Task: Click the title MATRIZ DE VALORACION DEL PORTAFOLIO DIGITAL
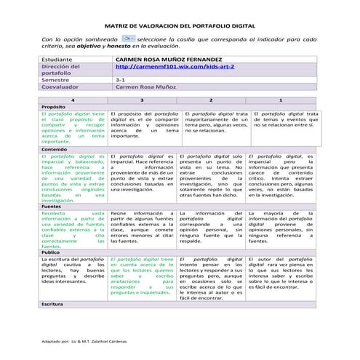180,24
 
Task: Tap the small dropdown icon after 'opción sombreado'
126,36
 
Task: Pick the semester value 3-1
121,79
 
